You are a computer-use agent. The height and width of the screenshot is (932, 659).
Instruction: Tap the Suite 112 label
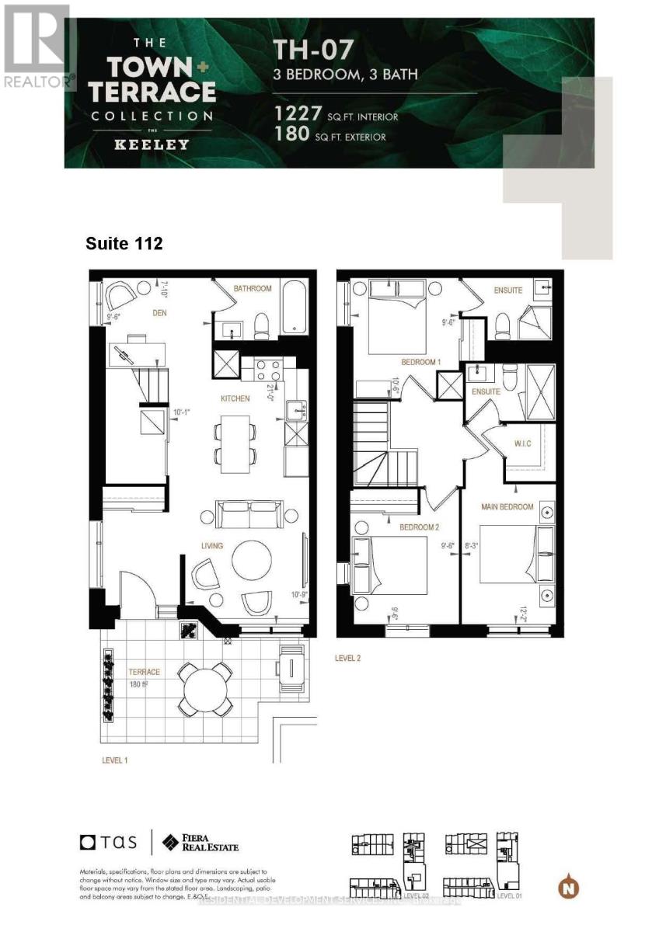pyautogui.click(x=124, y=244)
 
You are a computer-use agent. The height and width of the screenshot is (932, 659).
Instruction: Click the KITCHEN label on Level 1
pyautogui.click(x=235, y=398)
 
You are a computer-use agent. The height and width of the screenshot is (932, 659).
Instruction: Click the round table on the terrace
pyautogui.click(x=204, y=688)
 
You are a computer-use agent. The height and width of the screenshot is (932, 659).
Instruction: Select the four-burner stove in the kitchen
pyautogui.click(x=267, y=368)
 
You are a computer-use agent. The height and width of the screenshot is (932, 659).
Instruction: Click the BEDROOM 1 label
pyautogui.click(x=421, y=363)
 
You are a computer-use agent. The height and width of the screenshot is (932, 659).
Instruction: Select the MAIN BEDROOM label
pyautogui.click(x=507, y=507)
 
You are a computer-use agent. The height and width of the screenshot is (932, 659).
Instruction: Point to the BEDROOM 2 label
pyautogui.click(x=418, y=528)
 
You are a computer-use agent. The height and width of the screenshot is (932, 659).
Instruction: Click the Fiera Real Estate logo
pyautogui.click(x=200, y=842)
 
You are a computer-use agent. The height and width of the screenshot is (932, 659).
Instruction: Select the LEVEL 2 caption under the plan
pyautogui.click(x=347, y=658)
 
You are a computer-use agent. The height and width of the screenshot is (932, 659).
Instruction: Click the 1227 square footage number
pyautogui.click(x=298, y=115)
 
